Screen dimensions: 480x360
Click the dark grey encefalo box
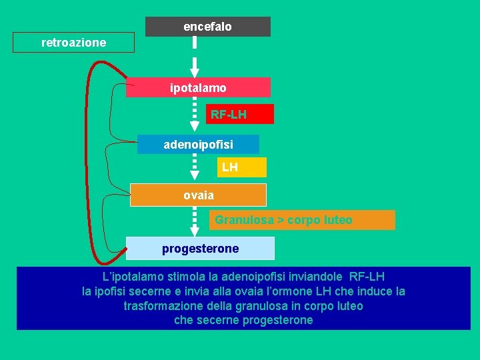(207, 27)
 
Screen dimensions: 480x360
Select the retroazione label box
(73, 43)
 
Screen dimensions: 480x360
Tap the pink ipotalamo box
(198, 87)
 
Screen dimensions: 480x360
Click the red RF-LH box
(239, 114)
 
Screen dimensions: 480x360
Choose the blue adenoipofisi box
(198, 144)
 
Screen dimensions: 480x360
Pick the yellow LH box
(241, 167)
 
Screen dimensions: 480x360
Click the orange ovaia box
(198, 195)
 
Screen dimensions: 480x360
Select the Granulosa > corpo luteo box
(302, 220)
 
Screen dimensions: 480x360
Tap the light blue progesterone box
(200, 249)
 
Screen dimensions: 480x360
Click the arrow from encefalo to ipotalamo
(195, 57)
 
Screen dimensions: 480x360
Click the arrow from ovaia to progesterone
(195, 221)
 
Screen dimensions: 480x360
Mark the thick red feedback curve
(89, 160)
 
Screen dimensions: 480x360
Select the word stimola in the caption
(187, 276)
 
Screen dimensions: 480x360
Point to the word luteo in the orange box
(337, 220)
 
